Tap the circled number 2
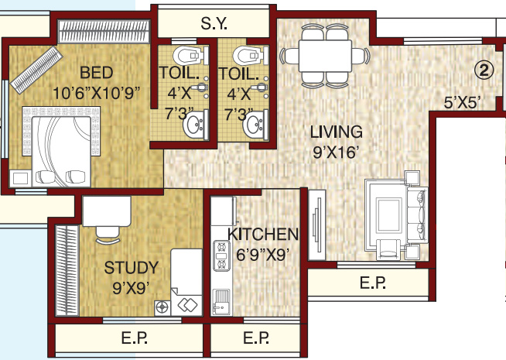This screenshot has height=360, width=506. click(484, 70)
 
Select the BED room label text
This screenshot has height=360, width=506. click(96, 74)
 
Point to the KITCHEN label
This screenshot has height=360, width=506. click(263, 234)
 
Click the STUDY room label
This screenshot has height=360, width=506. click(131, 269)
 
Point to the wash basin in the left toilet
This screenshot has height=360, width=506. click(193, 125)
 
